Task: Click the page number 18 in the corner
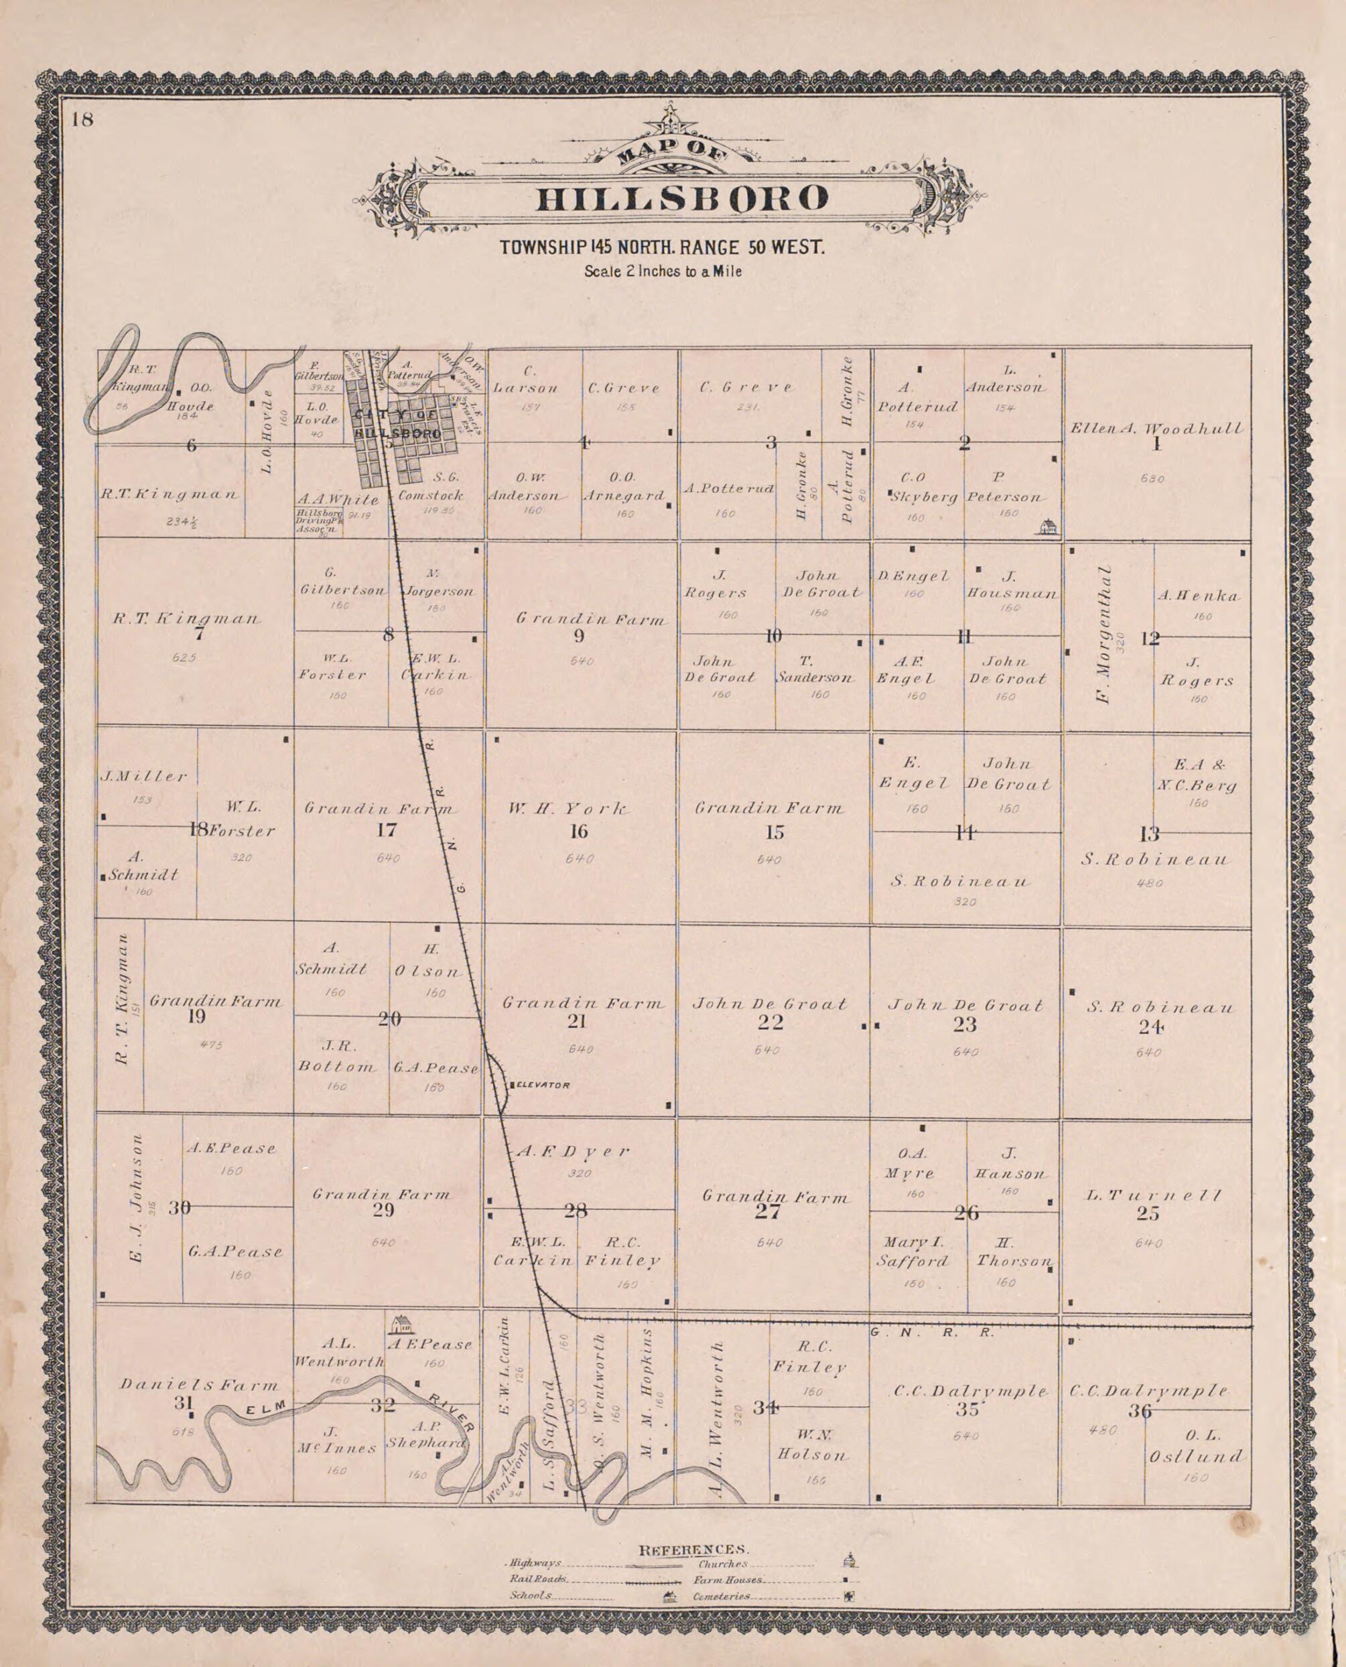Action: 82,120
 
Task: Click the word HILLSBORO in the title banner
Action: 682,199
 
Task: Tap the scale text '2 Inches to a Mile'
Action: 663,271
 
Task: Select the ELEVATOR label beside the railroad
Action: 542,1085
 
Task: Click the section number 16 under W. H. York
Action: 578,832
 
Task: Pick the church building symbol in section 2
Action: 1049,527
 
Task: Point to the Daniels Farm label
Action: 198,1385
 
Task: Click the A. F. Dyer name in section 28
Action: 573,1152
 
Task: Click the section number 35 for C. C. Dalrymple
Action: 967,1410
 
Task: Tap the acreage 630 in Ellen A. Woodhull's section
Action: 1152,478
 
